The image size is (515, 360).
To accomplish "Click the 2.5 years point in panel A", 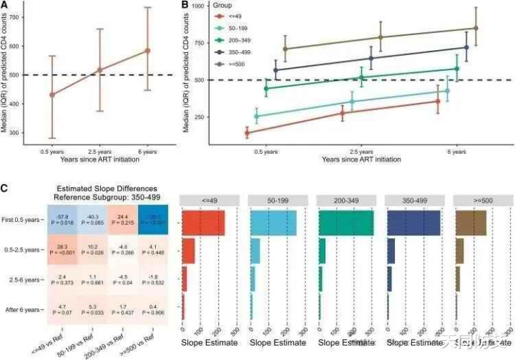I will coord(99,70).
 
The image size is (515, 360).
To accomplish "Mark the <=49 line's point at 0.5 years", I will coord(247,133).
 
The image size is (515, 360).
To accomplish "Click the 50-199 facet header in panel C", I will coord(275,199).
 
